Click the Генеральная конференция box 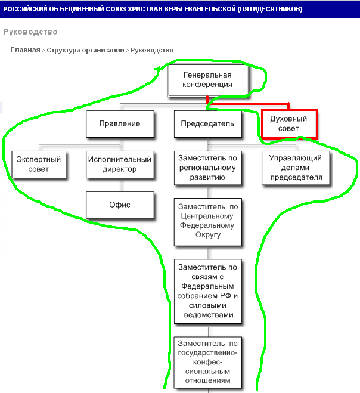[x=207, y=80]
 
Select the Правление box [x=120, y=124]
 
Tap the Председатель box [x=208, y=124]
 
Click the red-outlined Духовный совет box [x=289, y=123]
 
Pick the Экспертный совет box [x=39, y=165]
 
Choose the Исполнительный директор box [x=120, y=165]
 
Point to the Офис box [x=120, y=205]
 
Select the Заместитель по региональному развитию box [x=208, y=168]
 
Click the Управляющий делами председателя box [x=296, y=168]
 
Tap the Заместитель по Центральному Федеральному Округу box [x=208, y=222]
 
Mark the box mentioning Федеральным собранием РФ [x=208, y=291]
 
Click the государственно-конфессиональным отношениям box [x=208, y=363]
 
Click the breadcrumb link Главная [x=25, y=50]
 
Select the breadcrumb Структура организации [x=85, y=50]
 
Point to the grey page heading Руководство [x=30, y=32]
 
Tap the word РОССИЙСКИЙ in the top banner [x=25, y=9]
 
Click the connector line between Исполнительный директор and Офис [x=120, y=185]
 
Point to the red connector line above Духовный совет [x=248, y=103]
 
